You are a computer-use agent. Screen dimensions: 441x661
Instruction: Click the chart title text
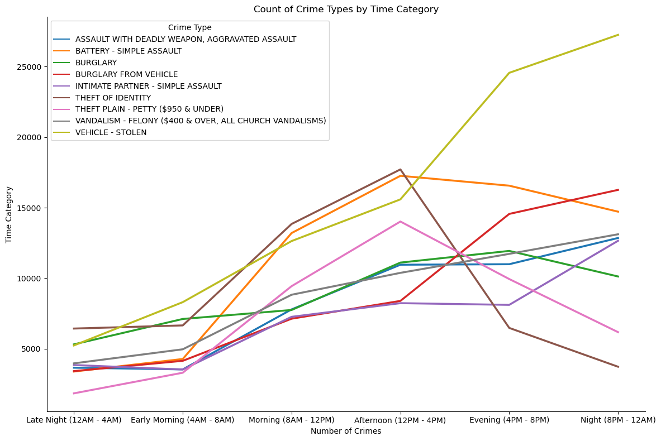pyautogui.click(x=346, y=9)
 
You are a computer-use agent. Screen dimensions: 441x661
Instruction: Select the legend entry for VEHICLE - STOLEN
pyautogui.click(x=111, y=132)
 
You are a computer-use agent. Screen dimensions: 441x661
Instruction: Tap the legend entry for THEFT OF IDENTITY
pyautogui.click(x=113, y=98)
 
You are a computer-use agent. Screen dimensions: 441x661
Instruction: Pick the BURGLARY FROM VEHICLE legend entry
pyautogui.click(x=126, y=74)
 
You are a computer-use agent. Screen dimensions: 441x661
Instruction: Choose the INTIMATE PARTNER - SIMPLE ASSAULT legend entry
pyautogui.click(x=148, y=86)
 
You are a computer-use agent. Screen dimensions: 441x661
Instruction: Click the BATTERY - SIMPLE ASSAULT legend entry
pyautogui.click(x=128, y=51)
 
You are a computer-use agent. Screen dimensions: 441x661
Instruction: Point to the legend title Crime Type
pyautogui.click(x=189, y=27)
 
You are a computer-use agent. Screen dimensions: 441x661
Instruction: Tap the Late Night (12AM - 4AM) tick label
pyautogui.click(x=74, y=420)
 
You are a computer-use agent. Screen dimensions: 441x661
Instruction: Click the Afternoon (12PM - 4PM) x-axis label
pyautogui.click(x=400, y=420)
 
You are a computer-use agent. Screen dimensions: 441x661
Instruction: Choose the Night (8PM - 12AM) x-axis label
pyautogui.click(x=618, y=420)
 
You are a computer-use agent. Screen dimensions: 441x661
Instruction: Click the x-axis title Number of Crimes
pyautogui.click(x=346, y=431)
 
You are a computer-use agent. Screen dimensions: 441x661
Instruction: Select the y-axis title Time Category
pyautogui.click(x=9, y=214)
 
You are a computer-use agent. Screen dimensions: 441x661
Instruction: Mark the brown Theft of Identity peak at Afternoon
pyautogui.click(x=400, y=169)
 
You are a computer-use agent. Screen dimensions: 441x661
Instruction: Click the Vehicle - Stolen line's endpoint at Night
pyautogui.click(x=618, y=35)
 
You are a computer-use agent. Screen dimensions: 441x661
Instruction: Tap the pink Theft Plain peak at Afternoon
pyautogui.click(x=400, y=222)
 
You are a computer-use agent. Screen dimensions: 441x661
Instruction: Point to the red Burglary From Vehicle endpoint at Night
pyautogui.click(x=618, y=190)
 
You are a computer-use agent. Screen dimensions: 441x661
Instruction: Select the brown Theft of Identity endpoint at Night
pyautogui.click(x=618, y=367)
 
